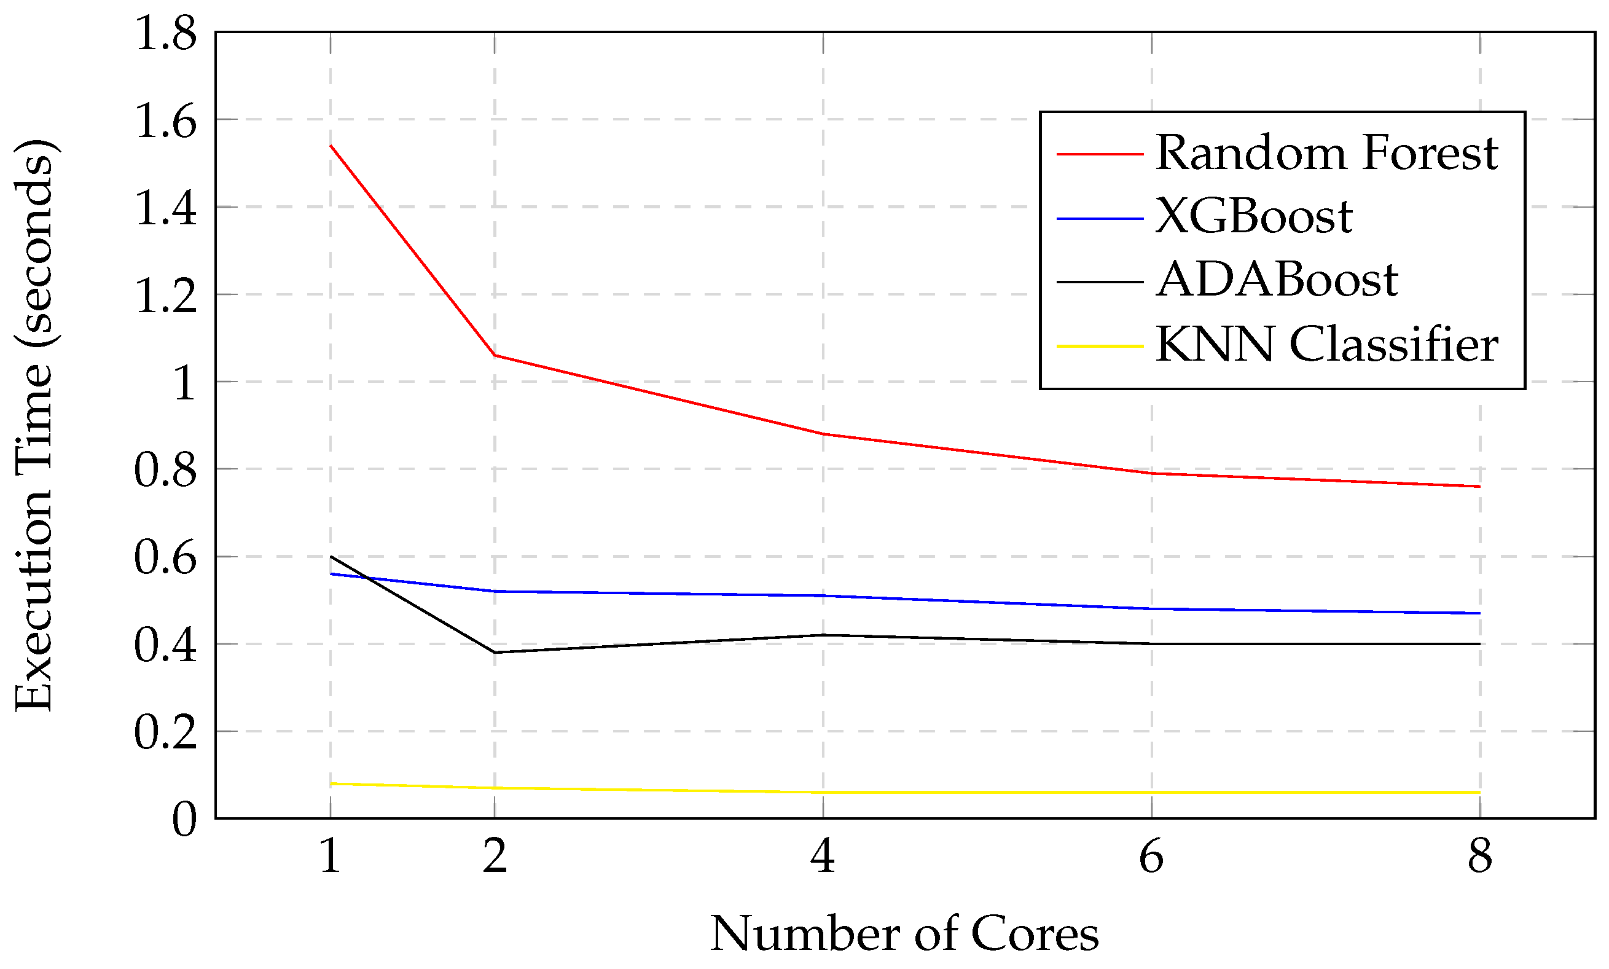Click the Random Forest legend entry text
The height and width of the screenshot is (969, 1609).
1326,154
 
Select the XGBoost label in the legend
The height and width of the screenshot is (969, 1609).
1253,217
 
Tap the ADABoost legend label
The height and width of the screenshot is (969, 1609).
1276,281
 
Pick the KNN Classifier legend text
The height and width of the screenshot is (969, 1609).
1326,345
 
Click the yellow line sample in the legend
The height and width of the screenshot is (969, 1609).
1099,345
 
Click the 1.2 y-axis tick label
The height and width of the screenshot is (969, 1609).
165,296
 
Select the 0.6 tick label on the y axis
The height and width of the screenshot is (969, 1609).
165,559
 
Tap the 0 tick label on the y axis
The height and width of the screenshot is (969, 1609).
184,820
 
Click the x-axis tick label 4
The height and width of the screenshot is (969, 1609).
823,857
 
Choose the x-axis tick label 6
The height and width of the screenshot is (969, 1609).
1151,857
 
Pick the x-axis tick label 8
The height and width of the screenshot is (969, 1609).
1480,857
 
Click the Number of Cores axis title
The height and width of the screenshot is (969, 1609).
904,935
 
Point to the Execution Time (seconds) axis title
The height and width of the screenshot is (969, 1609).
34,425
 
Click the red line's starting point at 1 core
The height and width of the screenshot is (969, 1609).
331,145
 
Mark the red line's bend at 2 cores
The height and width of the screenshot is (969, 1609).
495,355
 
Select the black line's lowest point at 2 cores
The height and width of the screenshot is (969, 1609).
495,653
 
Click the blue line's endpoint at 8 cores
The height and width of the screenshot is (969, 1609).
1480,613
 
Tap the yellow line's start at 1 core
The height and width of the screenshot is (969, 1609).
331,783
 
